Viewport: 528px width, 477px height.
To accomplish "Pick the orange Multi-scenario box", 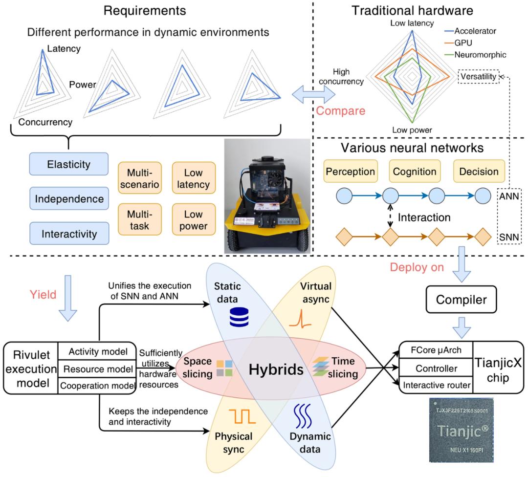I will (139, 178).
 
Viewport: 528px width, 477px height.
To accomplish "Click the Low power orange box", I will (194, 220).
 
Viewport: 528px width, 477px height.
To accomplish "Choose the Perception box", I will (350, 172).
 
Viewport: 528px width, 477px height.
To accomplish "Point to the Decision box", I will (479, 172).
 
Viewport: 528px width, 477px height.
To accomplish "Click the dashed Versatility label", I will (479, 77).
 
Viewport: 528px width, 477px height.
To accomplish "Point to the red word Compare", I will (341, 110).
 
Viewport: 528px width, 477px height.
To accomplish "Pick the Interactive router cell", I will (437, 386).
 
